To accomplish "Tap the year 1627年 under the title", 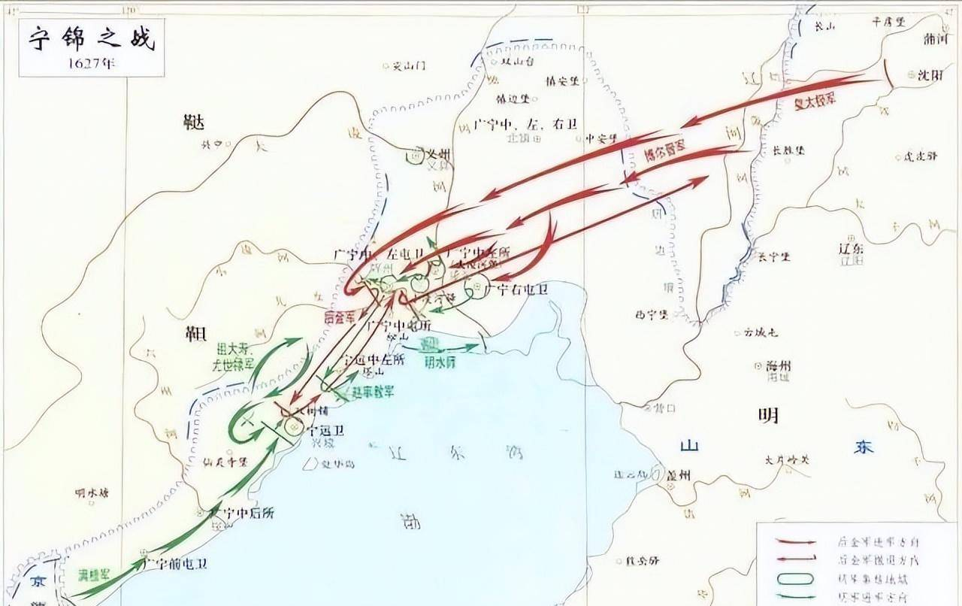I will (91, 63).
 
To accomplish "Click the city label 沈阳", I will (930, 74).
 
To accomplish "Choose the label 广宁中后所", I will (242, 513).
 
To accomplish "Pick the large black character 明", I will (767, 415).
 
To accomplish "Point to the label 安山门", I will (409, 66).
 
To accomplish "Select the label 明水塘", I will (92, 493).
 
